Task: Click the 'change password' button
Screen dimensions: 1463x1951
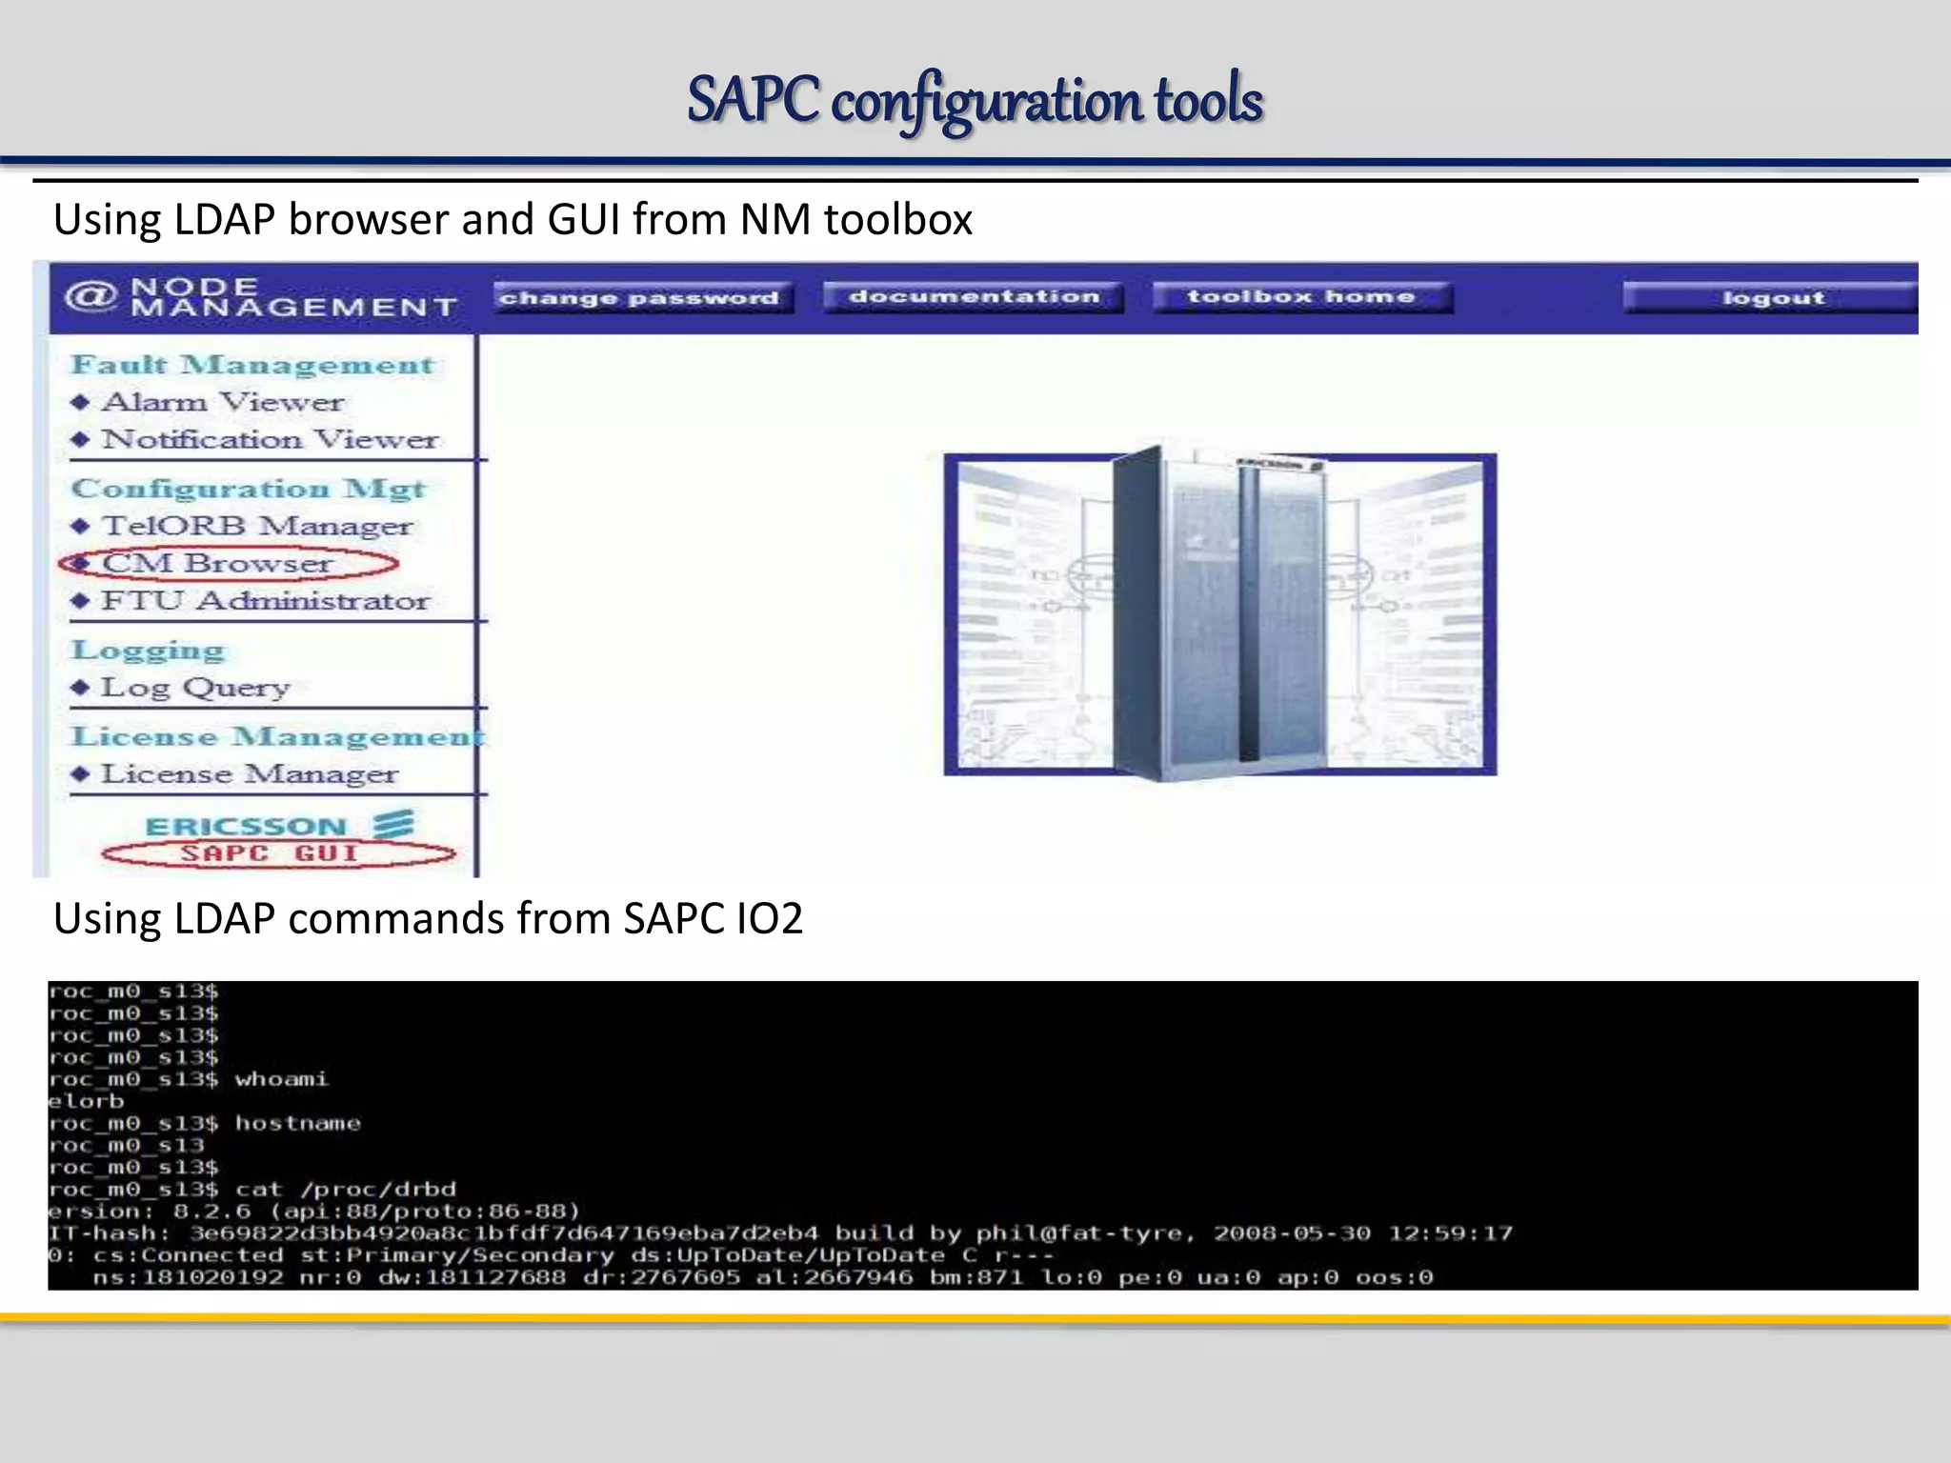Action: [640, 298]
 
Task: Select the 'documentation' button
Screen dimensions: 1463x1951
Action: [974, 297]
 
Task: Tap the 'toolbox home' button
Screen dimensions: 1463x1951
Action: [1301, 297]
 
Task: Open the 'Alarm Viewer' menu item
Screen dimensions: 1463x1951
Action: [223, 402]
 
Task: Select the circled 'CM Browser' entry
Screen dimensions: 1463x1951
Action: [218, 563]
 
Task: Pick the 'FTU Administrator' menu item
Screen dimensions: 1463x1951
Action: [266, 601]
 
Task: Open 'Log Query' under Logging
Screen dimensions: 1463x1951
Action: [195, 687]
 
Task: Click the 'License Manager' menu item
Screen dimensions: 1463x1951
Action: [250, 773]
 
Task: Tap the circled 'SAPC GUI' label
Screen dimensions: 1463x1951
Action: [270, 852]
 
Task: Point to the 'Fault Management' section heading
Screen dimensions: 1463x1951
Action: [252, 365]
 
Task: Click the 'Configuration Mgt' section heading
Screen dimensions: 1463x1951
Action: [248, 489]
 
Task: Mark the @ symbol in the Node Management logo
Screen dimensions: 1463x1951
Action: [91, 296]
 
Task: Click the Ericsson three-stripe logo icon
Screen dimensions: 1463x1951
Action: [392, 824]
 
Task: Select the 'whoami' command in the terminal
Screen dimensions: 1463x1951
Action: [281, 1079]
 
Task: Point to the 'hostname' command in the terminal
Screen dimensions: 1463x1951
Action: [297, 1123]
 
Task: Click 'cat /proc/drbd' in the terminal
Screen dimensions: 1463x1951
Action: [345, 1189]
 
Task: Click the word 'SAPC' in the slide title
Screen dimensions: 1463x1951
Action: [753, 100]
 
